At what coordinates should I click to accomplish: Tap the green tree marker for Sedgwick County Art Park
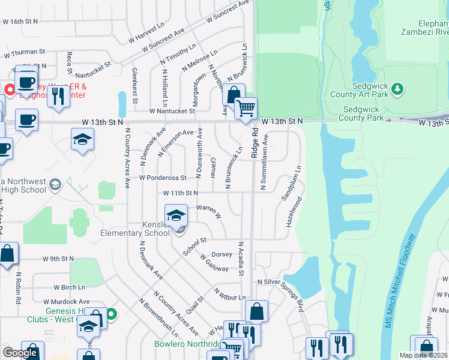point(396,89)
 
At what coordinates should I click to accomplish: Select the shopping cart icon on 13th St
point(246,109)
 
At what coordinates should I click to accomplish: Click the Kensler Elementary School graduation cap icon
point(175,215)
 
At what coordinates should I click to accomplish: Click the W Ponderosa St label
point(163,178)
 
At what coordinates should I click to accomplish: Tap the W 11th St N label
point(180,193)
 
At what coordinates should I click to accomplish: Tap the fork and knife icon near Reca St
point(58,95)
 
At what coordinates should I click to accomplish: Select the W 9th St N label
point(58,259)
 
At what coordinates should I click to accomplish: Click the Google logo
point(20,353)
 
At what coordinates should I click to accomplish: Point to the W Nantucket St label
point(172,111)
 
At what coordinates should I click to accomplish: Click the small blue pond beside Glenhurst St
point(122,104)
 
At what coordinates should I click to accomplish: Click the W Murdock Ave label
point(66,301)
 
